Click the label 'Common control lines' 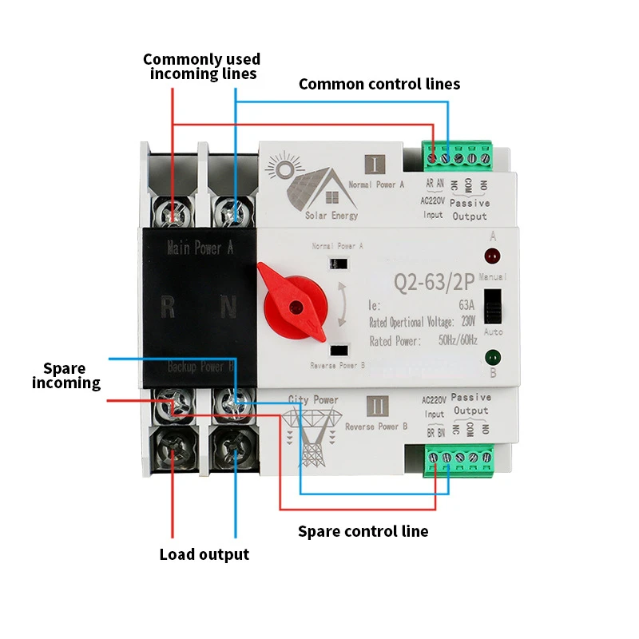(379, 84)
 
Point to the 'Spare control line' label (363, 531)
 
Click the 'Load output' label (204, 554)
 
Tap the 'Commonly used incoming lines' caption (201, 66)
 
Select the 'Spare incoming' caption (66, 376)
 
